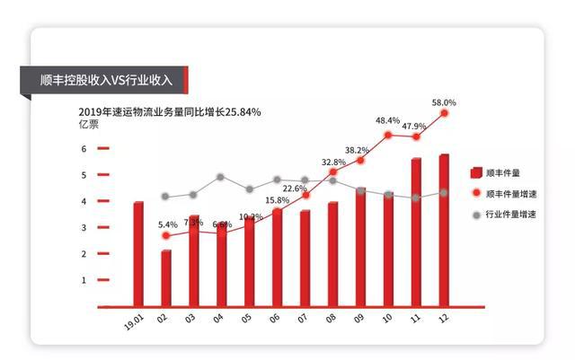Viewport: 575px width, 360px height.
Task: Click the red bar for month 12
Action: tap(444, 231)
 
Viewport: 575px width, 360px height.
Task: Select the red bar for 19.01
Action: tap(138, 254)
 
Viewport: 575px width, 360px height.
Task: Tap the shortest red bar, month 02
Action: tap(166, 278)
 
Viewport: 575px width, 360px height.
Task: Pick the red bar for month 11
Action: tap(416, 233)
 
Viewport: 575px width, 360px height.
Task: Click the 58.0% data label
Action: tap(444, 102)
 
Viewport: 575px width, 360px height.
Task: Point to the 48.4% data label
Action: tap(388, 120)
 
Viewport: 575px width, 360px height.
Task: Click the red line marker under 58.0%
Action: tap(444, 113)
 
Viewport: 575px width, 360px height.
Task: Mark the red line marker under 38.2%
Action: tap(360, 160)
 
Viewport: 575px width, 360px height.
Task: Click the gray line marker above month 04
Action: tap(220, 177)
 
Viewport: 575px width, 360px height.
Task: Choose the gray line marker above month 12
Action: tap(444, 193)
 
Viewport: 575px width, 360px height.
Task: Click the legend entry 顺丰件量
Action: tap(503, 172)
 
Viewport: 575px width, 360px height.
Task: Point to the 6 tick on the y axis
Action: tap(84, 149)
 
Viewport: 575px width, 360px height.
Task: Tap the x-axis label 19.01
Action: tap(134, 320)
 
